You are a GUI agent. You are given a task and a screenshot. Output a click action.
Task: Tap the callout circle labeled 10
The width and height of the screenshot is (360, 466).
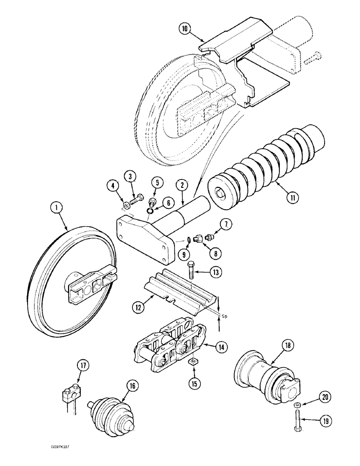pos(185,28)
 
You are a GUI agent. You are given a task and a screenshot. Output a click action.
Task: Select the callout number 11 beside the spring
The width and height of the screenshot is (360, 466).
pos(293,198)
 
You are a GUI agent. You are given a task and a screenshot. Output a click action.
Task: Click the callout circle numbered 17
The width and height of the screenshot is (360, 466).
pos(82,366)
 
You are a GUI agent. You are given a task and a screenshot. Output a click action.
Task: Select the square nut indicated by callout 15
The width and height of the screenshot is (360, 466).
pos(192,362)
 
